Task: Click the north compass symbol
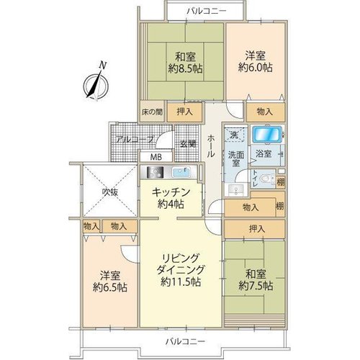96,84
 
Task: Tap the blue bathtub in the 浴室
267,135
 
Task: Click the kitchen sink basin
181,172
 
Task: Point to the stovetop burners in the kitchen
153,172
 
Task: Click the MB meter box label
156,157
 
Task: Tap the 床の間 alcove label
152,112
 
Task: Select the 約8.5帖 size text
185,69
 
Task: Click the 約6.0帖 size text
256,68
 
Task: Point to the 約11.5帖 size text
181,282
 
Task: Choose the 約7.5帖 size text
256,286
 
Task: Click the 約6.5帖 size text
110,287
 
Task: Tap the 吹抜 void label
110,192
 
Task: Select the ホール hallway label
211,145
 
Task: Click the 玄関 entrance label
188,144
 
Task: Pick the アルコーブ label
135,139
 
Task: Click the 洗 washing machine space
235,135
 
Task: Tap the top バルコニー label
207,11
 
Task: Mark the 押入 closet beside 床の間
184,112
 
